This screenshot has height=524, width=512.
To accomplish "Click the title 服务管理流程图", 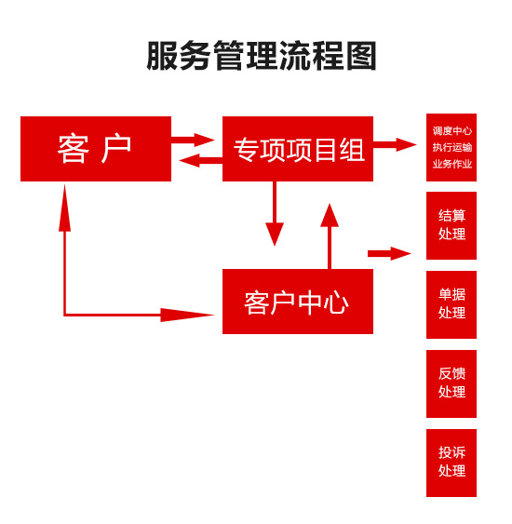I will (x=262, y=56).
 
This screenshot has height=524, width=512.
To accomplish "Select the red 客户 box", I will (x=96, y=149).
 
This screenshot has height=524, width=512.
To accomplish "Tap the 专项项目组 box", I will (x=298, y=149).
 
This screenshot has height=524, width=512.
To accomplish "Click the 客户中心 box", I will (x=298, y=302).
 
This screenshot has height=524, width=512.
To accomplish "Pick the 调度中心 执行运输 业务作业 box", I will (x=451, y=147).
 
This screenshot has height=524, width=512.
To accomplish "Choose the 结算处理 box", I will (x=451, y=225).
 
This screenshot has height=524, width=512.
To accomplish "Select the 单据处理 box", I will (x=451, y=304).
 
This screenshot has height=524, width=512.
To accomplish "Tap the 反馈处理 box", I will (x=451, y=383).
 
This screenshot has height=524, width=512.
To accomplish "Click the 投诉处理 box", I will (x=451, y=463).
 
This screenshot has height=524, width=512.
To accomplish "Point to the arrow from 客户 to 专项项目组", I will (x=194, y=140).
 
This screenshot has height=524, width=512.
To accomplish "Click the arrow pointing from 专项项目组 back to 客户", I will (x=199, y=160).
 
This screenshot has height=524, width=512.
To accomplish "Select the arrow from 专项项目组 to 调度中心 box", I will (x=395, y=144).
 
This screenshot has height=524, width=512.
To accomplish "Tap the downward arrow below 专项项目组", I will (x=275, y=214).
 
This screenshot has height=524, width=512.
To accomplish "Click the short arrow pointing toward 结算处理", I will (x=389, y=253).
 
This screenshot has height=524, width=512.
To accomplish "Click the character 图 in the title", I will (x=361, y=56).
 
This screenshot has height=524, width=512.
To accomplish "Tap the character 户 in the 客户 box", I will (x=117, y=149).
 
